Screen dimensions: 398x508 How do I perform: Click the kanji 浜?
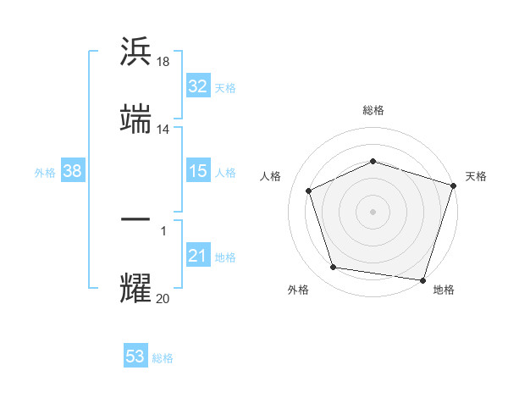pyautogui.click(x=135, y=52)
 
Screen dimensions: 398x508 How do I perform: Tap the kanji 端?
pyautogui.click(x=135, y=119)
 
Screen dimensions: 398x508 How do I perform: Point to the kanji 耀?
pyautogui.click(x=135, y=288)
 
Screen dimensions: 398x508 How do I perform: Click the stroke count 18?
pyautogui.click(x=163, y=62)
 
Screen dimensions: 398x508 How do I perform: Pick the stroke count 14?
pyautogui.click(x=163, y=130)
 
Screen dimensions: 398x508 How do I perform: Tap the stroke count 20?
pyautogui.click(x=163, y=298)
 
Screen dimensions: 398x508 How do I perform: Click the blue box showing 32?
pyautogui.click(x=197, y=86)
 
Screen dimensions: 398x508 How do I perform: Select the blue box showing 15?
pyautogui.click(x=197, y=171)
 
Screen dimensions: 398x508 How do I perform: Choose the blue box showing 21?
pyautogui.click(x=197, y=256)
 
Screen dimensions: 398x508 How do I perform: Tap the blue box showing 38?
pyautogui.click(x=73, y=171)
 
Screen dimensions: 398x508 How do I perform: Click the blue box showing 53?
pyautogui.click(x=135, y=357)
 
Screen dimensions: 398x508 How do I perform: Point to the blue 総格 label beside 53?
pyautogui.click(x=163, y=358)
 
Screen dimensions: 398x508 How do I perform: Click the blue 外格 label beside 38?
pyautogui.click(x=45, y=173)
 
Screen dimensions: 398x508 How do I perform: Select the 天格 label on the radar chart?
pyautogui.click(x=476, y=176)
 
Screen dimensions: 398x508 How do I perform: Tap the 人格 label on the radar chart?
pyautogui.click(x=271, y=176)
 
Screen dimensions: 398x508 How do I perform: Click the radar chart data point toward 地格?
pyautogui.click(x=422, y=279)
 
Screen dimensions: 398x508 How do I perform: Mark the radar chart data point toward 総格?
pyautogui.click(x=373, y=161)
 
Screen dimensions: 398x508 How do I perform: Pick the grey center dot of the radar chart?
pyautogui.click(x=373, y=211)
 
